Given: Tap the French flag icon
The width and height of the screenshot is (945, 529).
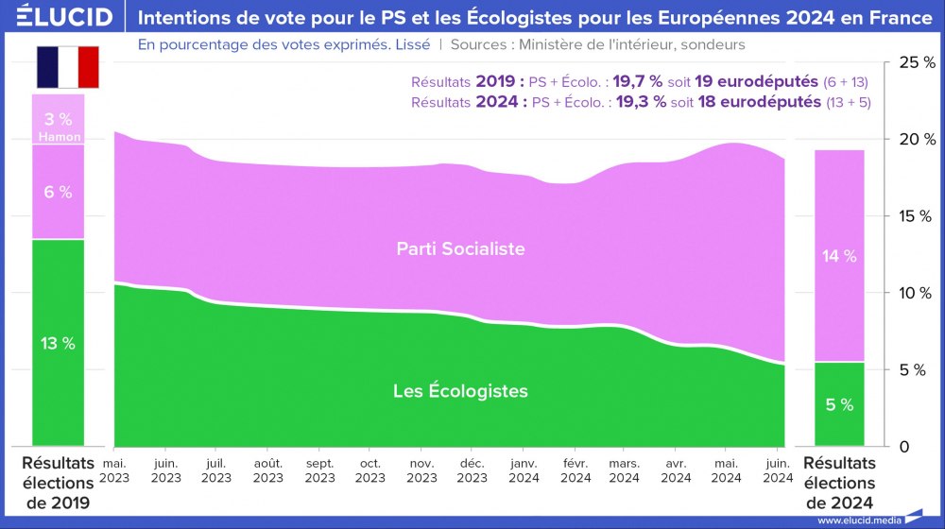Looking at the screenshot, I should tap(68, 66).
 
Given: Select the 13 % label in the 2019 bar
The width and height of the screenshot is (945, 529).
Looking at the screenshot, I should tap(58, 343).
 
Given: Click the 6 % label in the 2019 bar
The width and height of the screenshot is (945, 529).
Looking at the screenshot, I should tap(58, 192).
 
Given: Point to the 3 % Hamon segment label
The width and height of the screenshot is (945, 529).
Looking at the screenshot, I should tap(58, 127).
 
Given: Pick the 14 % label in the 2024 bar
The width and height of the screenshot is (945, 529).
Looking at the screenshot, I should tap(839, 256).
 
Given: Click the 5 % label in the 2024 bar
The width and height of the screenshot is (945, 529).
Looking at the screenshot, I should tap(839, 404).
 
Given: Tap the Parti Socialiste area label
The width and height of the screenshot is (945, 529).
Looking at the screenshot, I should tap(460, 249).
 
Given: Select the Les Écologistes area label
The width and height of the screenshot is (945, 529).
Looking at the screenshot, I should tap(460, 390).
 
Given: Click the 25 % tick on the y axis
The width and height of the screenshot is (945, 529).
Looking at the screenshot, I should tap(916, 62).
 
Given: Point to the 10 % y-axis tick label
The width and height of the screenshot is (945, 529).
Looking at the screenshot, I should tap(916, 293).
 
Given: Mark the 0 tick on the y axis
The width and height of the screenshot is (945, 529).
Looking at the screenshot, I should tap(904, 446).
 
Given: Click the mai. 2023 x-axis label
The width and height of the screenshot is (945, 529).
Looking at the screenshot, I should tap(114, 469).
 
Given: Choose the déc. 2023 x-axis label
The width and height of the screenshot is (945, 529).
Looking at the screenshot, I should tap(472, 469).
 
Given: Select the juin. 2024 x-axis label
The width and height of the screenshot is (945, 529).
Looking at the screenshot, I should tap(778, 469).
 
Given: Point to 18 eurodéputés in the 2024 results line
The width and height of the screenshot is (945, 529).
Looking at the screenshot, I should tap(759, 101).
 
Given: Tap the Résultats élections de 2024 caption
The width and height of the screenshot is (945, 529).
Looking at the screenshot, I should tap(839, 483).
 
